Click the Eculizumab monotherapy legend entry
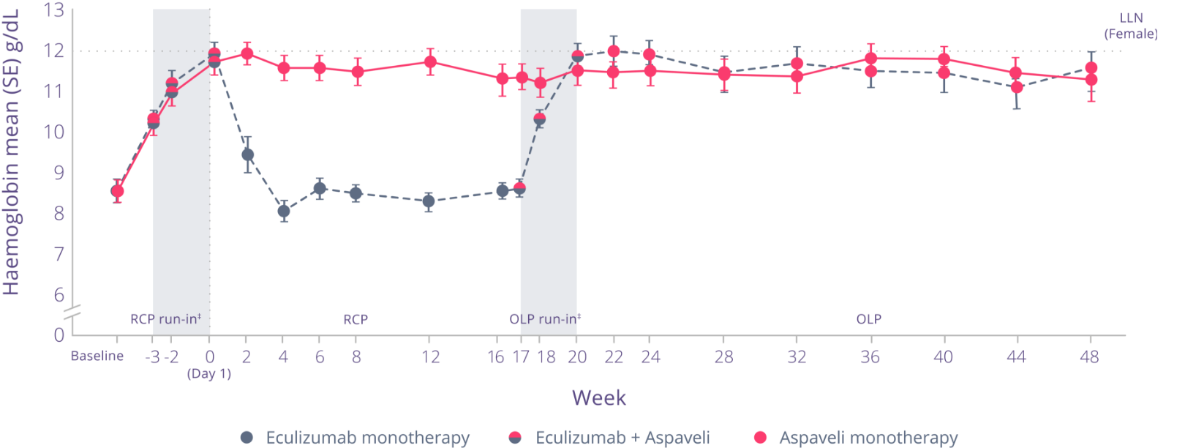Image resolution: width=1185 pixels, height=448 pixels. pyautogui.click(x=355, y=438)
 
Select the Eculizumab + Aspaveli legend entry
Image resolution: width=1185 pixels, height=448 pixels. pyautogui.click(x=610, y=438)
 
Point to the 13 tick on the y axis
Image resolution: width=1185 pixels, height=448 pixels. pyautogui.click(x=53, y=10)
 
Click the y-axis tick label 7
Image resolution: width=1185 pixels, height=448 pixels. pyautogui.click(x=59, y=254)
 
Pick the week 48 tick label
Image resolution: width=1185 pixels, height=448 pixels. pyautogui.click(x=1089, y=357)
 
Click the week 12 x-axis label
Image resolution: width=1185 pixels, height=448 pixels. pyautogui.click(x=430, y=357)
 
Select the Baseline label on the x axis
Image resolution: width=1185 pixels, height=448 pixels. pyautogui.click(x=97, y=356)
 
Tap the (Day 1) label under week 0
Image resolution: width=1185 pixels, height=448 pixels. pyautogui.click(x=209, y=374)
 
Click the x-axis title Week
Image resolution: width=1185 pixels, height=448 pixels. pyautogui.click(x=599, y=397)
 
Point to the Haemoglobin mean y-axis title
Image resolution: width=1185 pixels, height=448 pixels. pyautogui.click(x=12, y=154)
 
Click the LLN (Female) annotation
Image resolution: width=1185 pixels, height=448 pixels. pyautogui.click(x=1131, y=26)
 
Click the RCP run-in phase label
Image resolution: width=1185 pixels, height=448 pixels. pyautogui.click(x=165, y=319)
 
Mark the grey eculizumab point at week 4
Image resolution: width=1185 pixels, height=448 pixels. pyautogui.click(x=283, y=212)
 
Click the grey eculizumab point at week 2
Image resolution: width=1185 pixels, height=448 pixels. pyautogui.click(x=248, y=155)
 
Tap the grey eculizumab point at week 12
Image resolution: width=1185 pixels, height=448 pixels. pyautogui.click(x=429, y=201)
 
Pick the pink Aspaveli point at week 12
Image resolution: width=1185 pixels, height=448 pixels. pyautogui.click(x=430, y=62)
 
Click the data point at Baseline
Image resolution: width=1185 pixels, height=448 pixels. pyautogui.click(x=117, y=191)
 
